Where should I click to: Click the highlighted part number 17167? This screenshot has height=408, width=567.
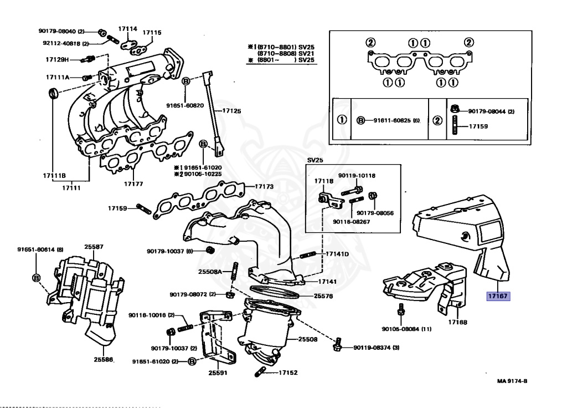pyautogui.click(x=498, y=296)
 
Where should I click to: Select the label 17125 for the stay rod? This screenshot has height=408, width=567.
pyautogui.click(x=231, y=111)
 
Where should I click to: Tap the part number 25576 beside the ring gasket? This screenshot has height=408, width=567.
pyautogui.click(x=323, y=296)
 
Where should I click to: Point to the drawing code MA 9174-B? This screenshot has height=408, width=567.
pyautogui.click(x=512, y=381)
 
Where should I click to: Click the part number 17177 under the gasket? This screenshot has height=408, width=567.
pyautogui.click(x=133, y=184)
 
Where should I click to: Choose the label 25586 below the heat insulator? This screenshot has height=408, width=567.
pyautogui.click(x=104, y=359)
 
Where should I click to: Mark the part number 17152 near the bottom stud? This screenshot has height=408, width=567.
pyautogui.click(x=288, y=372)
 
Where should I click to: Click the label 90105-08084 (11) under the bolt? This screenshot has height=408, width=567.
pyautogui.click(x=406, y=329)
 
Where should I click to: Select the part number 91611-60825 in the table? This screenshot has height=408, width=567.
pyautogui.click(x=392, y=120)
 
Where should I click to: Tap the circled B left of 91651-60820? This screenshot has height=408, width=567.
pyautogui.click(x=185, y=81)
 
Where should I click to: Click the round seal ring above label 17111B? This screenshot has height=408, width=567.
pyautogui.click(x=54, y=93)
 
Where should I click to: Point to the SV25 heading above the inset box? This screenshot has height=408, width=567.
pyautogui.click(x=315, y=160)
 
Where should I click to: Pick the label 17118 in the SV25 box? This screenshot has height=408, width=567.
pyautogui.click(x=323, y=181)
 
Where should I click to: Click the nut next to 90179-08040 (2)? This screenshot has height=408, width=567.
pyautogui.click(x=102, y=33)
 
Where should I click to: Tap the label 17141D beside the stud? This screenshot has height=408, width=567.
pyautogui.click(x=337, y=254)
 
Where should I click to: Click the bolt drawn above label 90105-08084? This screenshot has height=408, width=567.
pyautogui.click(x=401, y=309)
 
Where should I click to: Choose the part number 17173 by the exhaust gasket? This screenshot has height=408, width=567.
pyautogui.click(x=264, y=186)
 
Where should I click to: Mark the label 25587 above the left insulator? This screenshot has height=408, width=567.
pyautogui.click(x=94, y=247)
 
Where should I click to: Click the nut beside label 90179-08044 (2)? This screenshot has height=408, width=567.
pyautogui.click(x=455, y=108)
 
